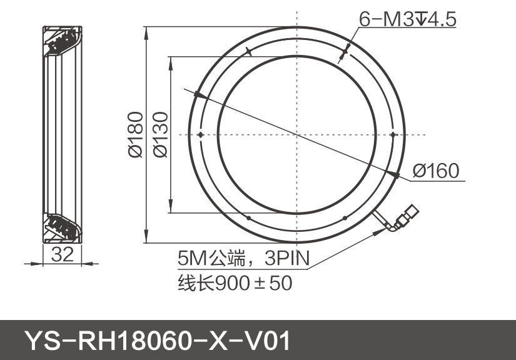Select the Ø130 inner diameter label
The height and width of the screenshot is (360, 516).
[x=159, y=134]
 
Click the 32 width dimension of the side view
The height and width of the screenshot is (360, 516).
[x=63, y=254]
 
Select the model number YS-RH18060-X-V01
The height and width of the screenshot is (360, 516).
[x=157, y=341]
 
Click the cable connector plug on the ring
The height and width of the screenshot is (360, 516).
[x=407, y=215]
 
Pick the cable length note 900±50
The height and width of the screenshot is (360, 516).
[x=253, y=283]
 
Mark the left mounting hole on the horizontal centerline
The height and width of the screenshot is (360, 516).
[x=200, y=134]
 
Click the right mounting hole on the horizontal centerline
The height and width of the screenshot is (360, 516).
[x=393, y=134]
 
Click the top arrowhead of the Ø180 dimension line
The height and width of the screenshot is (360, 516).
[x=145, y=31]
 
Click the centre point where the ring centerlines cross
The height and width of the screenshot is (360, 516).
[x=296, y=134]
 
